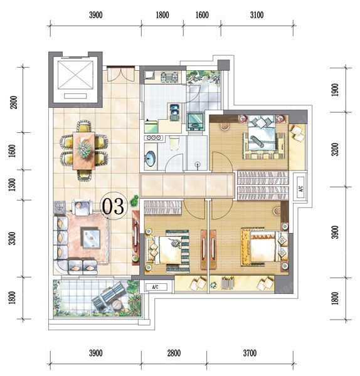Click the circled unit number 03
pyautogui.click(x=113, y=206)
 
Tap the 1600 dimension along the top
pyautogui.click(x=202, y=15)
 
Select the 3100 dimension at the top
pyautogui.click(x=257, y=15)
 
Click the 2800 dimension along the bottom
pyautogui.click(x=174, y=353)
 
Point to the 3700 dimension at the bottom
pyautogui.click(x=250, y=353)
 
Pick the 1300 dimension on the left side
pyautogui.click(x=13, y=185)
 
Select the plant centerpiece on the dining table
pyautogui.click(x=84, y=149)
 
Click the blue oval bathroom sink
pyautogui.click(x=151, y=159)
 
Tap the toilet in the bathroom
pyautogui.click(x=174, y=143)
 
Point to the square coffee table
pyautogui.click(x=90, y=238)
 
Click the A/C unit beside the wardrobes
pyautogui.click(x=300, y=187)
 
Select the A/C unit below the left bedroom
pyautogui.click(x=156, y=287)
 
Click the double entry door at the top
pyautogui.click(x=120, y=74)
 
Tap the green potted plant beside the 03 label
pyautogui.click(x=134, y=201)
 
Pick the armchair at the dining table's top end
pyautogui.click(x=84, y=126)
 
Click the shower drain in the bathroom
pyautogui.click(x=198, y=164)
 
